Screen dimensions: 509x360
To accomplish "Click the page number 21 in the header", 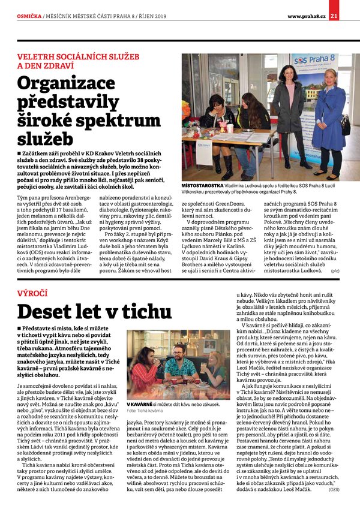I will pyautogui.click(x=350, y=16).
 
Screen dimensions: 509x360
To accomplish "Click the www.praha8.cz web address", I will pyautogui.click(x=306, y=16).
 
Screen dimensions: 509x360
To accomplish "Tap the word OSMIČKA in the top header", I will pyautogui.click(x=29, y=16).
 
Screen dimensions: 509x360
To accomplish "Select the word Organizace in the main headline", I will pyautogui.click(x=76, y=85).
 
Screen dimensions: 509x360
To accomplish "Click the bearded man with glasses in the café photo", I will pyautogui.click(x=178, y=366).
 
